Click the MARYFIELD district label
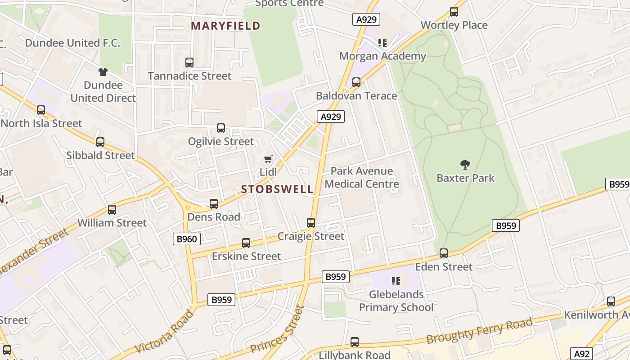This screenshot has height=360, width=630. click(x=225, y=26)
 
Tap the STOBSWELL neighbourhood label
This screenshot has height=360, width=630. click(x=277, y=189)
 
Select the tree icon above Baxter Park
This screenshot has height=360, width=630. click(x=465, y=165)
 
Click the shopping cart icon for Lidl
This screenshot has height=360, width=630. click(x=268, y=159)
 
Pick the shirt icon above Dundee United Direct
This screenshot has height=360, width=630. click(x=103, y=72)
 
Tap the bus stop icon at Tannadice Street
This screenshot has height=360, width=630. click(x=189, y=63)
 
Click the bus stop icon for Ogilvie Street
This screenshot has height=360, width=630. click(x=221, y=128)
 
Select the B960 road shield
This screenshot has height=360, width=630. click(x=187, y=238)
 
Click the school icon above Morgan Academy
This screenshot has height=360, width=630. click(x=382, y=43)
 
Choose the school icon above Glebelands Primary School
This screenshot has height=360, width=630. click(x=396, y=281)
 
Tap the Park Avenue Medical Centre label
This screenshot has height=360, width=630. click(x=362, y=177)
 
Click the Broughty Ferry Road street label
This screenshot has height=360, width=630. click(x=479, y=331)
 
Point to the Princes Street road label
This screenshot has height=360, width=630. click(x=277, y=329)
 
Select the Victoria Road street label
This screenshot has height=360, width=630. click(x=164, y=332)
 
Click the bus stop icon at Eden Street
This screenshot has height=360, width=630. click(x=444, y=253)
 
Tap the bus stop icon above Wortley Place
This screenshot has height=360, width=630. click(x=454, y=12)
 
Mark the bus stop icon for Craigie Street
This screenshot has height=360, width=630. click(x=311, y=223)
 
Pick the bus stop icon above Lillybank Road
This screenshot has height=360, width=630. click(x=355, y=342)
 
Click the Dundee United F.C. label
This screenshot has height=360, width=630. click(x=72, y=43)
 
